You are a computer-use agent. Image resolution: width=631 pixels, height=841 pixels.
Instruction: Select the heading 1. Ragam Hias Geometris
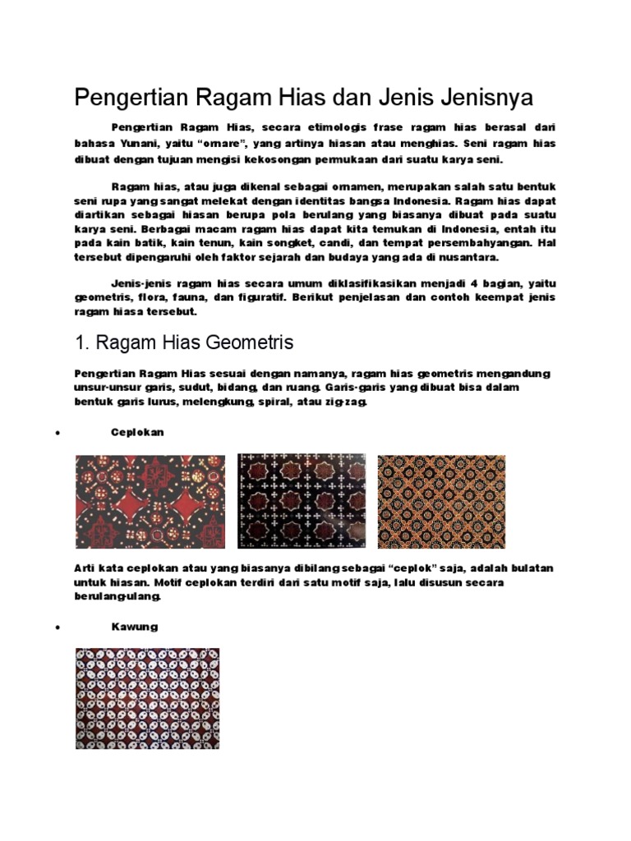click(184, 342)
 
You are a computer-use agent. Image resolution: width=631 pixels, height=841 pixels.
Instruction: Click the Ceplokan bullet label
click(138, 432)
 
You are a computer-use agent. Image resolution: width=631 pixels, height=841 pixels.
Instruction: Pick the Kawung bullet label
click(135, 627)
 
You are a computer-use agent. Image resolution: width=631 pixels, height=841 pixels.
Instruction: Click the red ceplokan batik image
click(150, 502)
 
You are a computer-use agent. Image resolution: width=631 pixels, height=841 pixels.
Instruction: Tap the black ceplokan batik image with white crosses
click(302, 502)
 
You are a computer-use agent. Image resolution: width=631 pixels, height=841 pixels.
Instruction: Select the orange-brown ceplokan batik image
click(441, 502)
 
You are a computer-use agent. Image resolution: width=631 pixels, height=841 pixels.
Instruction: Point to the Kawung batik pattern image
click(147, 698)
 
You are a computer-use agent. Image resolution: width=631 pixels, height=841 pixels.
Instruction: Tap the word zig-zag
click(350, 403)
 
